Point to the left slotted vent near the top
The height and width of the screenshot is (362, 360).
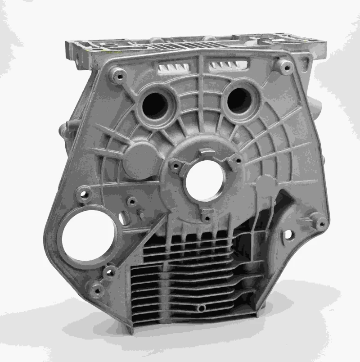click(x=174, y=68)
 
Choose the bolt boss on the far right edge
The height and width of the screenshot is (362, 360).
click(x=320, y=223)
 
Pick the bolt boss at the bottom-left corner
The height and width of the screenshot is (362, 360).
click(x=97, y=289)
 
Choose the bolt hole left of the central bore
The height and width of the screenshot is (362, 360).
click(x=173, y=165)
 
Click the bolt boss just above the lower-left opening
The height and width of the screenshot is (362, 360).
click(x=84, y=196)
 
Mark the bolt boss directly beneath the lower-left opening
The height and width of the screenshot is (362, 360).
click(x=108, y=271)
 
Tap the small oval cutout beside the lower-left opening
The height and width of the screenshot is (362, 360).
click(x=122, y=218)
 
